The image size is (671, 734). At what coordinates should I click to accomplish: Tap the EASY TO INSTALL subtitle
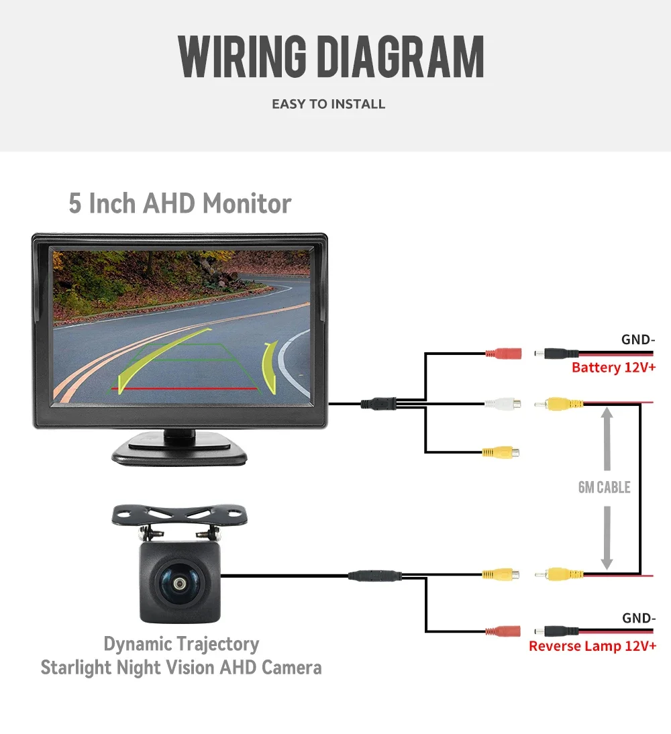[328, 104]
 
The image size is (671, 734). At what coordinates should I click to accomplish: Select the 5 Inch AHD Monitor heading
[180, 203]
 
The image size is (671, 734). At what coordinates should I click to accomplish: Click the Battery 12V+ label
[613, 368]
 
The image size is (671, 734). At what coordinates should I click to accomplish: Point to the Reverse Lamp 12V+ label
[592, 646]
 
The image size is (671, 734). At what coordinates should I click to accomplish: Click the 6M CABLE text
[604, 487]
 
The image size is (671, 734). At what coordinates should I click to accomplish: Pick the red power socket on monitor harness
[503, 352]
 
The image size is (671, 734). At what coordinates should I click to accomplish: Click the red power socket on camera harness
[503, 631]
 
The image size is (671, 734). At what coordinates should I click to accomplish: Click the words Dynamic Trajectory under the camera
[181, 644]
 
